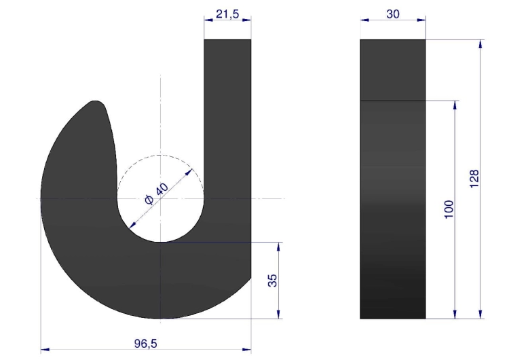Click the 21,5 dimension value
[227, 14]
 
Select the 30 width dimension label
[393, 14]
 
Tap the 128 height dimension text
[474, 179]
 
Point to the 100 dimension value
[449, 210]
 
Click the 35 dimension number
[273, 281]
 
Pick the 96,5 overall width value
[146, 344]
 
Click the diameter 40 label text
[157, 194]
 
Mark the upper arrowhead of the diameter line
[189, 172]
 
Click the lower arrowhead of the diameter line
[132, 225]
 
